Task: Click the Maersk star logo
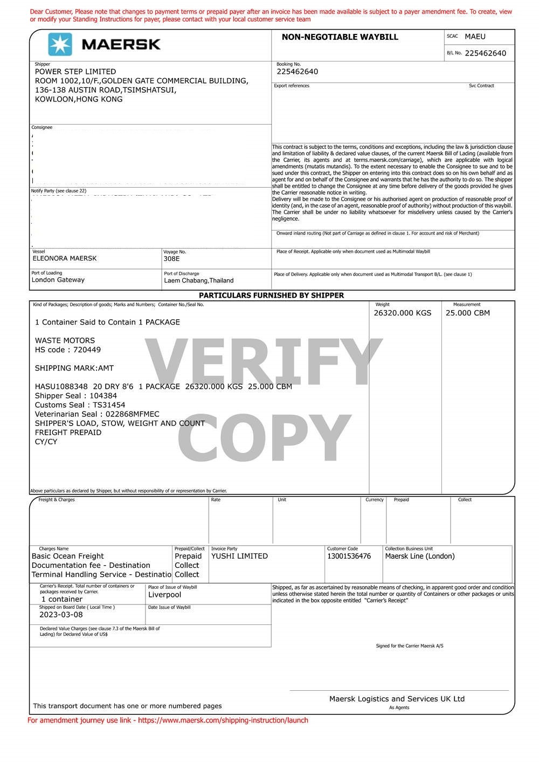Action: [x=60, y=44]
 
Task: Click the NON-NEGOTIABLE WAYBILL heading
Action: [x=340, y=37]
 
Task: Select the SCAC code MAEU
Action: [x=475, y=37]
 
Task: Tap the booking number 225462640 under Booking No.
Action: [x=297, y=72]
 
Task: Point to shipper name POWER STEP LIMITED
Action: [x=75, y=72]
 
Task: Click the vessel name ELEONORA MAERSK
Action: [x=65, y=258]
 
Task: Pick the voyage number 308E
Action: [x=171, y=259]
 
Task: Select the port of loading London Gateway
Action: [x=58, y=280]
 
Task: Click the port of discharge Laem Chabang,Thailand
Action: [x=199, y=280]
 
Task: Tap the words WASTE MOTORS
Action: [x=65, y=341]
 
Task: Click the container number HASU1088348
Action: [x=61, y=387]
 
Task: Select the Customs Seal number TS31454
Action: [x=109, y=405]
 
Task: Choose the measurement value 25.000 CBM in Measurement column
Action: [x=467, y=313]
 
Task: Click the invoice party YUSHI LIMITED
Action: [x=239, y=556]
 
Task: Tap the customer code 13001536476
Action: [x=349, y=556]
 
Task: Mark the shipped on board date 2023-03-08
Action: [x=61, y=615]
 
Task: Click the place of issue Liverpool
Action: [x=164, y=595]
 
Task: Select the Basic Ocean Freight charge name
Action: [x=68, y=556]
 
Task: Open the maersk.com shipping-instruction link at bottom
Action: [x=223, y=720]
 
